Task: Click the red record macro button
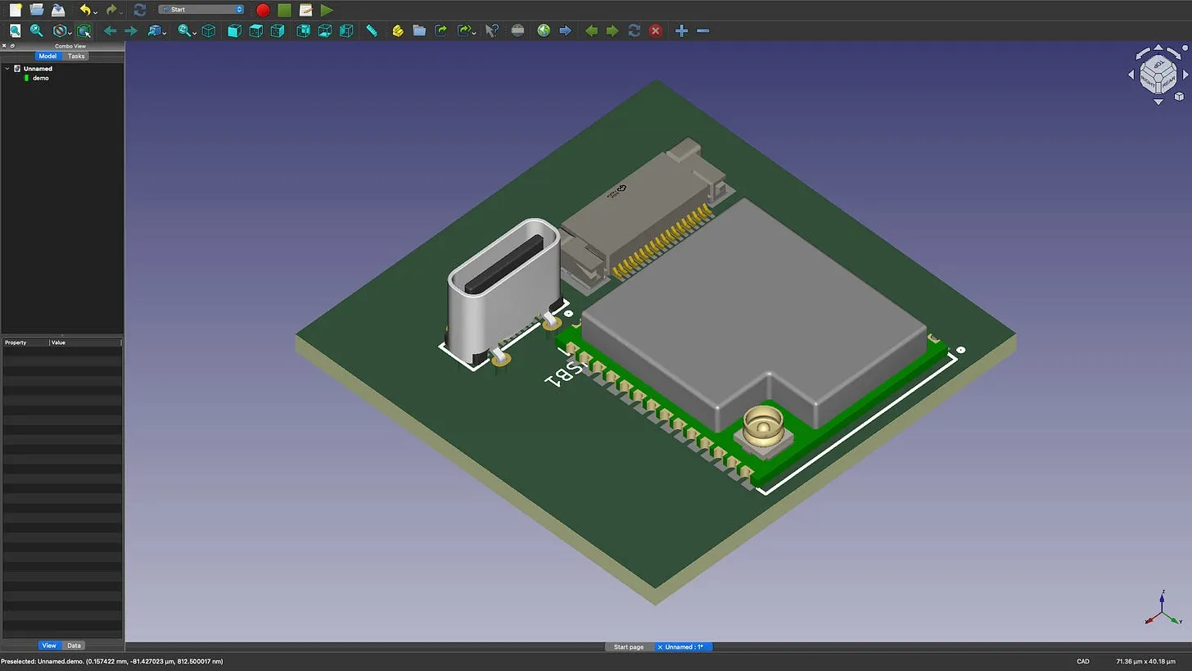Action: [263, 10]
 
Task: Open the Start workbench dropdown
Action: [201, 10]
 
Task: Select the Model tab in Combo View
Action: [47, 56]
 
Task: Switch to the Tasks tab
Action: [76, 56]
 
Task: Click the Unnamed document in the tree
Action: [38, 69]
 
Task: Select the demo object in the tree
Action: [40, 78]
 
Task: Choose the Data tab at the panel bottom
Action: [74, 646]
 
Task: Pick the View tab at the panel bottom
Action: [49, 646]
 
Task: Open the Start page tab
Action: [629, 647]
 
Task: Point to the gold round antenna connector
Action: [762, 426]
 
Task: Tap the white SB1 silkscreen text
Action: [565, 371]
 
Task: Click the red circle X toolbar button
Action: [655, 31]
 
